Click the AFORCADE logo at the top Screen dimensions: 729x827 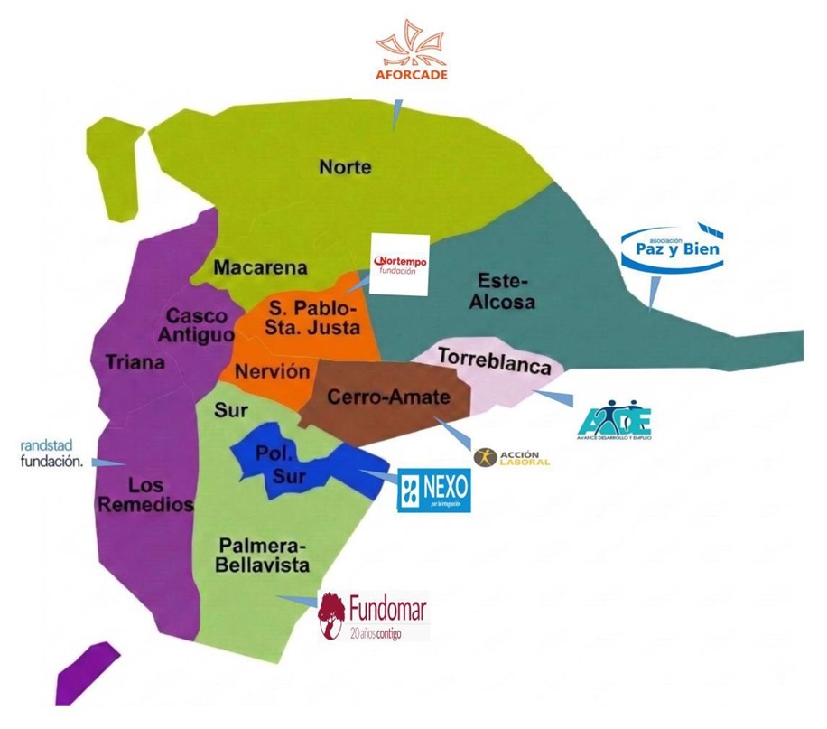point(411,54)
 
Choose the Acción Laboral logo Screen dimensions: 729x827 point(512,457)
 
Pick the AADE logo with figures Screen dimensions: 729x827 point(614,418)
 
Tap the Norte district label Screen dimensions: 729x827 point(345,166)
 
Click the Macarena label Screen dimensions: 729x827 point(260,267)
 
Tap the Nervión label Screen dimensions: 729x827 point(272,371)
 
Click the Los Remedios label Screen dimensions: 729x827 point(145,494)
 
